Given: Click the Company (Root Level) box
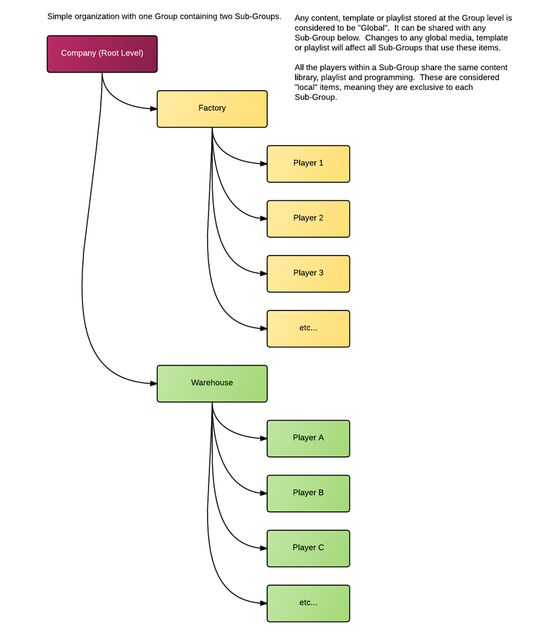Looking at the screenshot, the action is pos(102,54).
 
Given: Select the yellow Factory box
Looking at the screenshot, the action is pos(212,109).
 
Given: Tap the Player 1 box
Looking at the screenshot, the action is pos(308,163).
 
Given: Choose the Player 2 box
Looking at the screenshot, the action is pos(308,219).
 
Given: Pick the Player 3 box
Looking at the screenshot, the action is pos(308,274).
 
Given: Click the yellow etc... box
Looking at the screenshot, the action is pos(308,329).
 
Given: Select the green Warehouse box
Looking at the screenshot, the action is pos(212,384).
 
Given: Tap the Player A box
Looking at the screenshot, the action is pos(308,438).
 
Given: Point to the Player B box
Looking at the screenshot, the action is pos(308,493).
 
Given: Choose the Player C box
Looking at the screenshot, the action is pos(308,548).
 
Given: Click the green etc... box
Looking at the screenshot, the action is pos(308,604).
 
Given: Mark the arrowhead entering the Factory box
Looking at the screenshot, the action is pos(153,109).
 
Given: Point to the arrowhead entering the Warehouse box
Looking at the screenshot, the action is pos(153,384).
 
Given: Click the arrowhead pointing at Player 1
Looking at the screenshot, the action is pos(264,163).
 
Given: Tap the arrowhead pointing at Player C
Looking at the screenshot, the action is pos(264,548).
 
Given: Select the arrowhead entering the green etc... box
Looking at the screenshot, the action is pos(264,603).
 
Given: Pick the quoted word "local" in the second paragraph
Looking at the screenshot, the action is pos(306,87).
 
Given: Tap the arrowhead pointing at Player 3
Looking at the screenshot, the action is pos(264,274).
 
